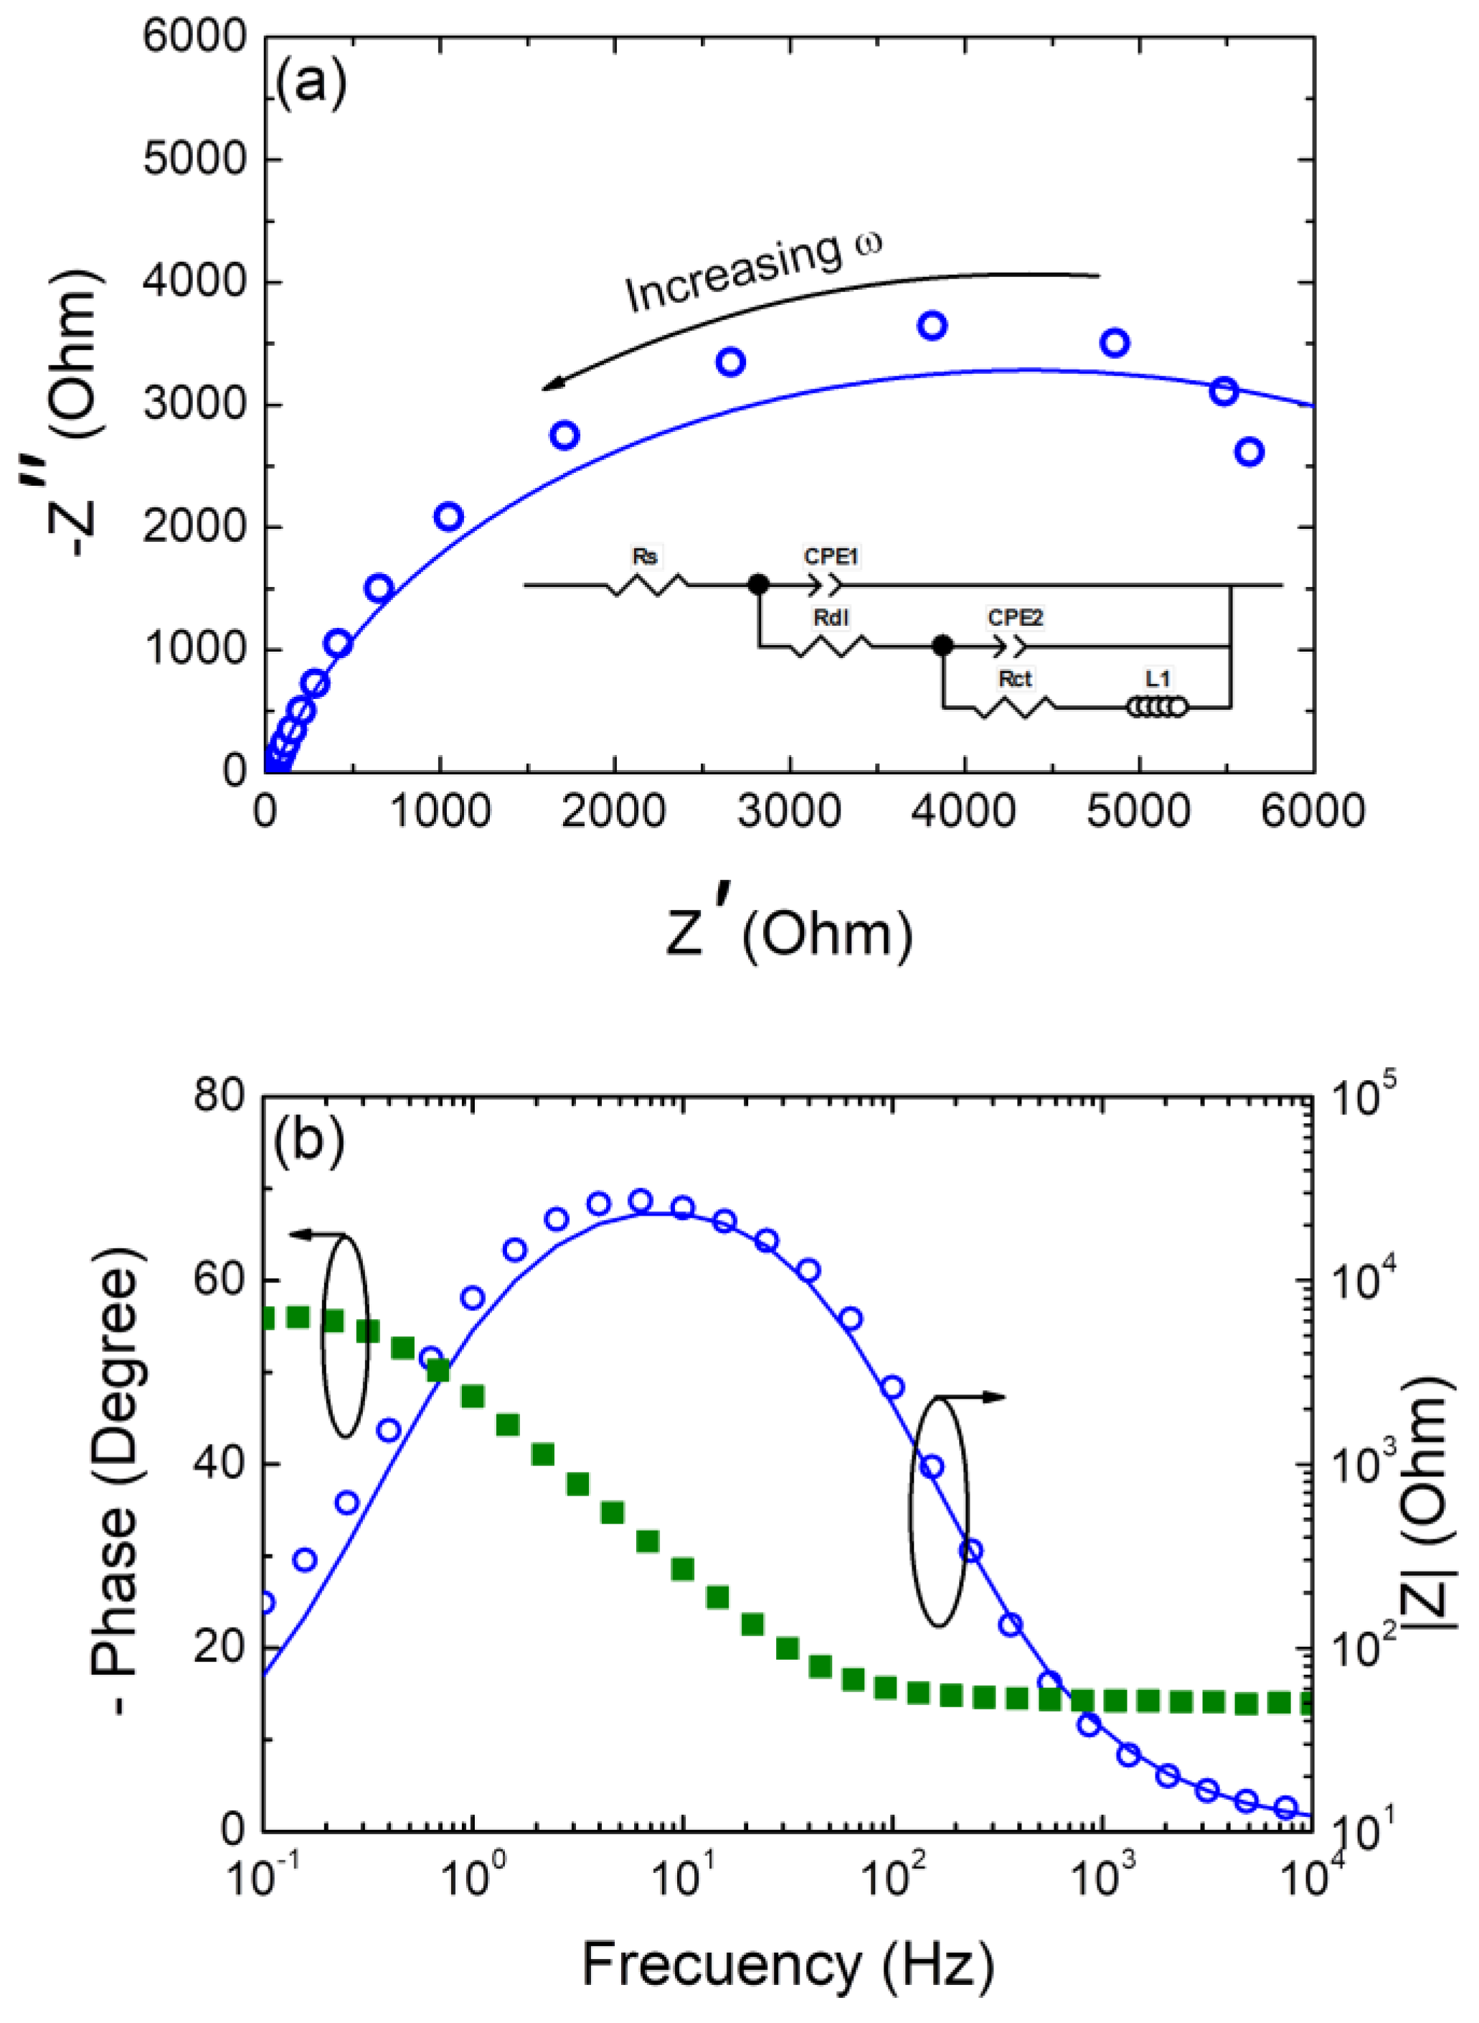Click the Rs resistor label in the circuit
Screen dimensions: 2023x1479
645,556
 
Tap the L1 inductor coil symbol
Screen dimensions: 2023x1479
1158,708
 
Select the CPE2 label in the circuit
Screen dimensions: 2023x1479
1015,618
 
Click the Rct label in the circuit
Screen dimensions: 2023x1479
1014,679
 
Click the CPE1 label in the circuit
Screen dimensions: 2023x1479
831,556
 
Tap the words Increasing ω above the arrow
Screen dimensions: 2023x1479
752,271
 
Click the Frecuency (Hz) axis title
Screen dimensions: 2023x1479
788,1965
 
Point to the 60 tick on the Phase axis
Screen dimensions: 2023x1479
219,1280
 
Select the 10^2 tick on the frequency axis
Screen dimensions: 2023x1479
890,1881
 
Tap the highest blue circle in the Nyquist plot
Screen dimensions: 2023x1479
932,326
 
